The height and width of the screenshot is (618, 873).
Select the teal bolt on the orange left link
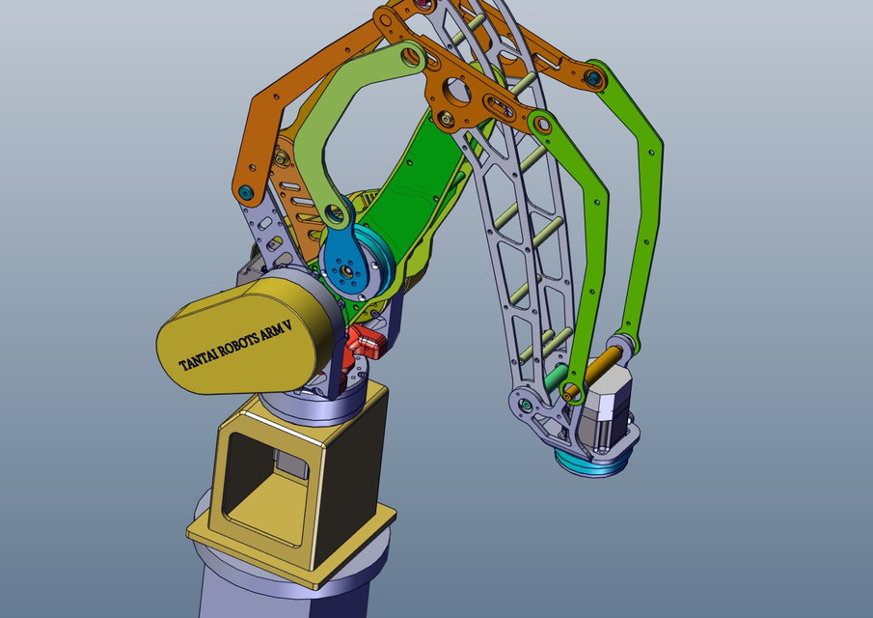coord(248,192)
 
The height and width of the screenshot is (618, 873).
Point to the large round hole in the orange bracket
coord(458,95)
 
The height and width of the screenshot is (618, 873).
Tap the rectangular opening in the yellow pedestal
coord(262,478)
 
